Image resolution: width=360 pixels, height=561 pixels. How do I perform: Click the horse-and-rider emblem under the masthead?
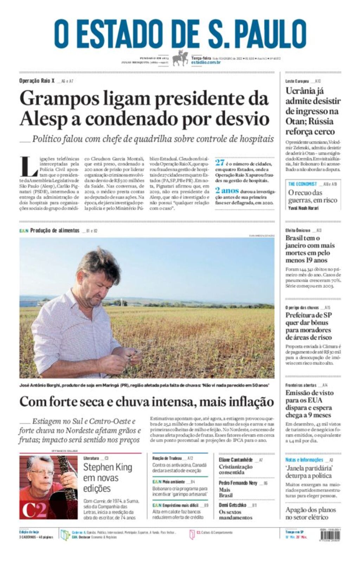pos(180,58)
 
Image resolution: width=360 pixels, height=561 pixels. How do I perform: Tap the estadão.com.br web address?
pos(206,62)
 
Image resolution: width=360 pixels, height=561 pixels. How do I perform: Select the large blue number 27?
pos(220,162)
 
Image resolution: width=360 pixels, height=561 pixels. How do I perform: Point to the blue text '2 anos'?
pos(227,191)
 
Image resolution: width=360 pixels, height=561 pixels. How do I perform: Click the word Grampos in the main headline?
pos(59,98)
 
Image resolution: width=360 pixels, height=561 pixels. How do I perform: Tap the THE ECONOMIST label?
pos(302,184)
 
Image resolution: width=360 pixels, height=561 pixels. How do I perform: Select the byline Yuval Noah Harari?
pos(303,208)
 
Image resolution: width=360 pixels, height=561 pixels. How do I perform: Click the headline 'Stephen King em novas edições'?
pos(108,478)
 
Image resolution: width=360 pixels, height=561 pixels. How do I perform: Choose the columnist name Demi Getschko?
pos(232,505)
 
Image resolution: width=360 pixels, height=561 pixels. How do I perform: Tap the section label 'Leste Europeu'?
pos(297,81)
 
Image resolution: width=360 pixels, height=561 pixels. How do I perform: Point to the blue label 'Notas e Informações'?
pos(304,460)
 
